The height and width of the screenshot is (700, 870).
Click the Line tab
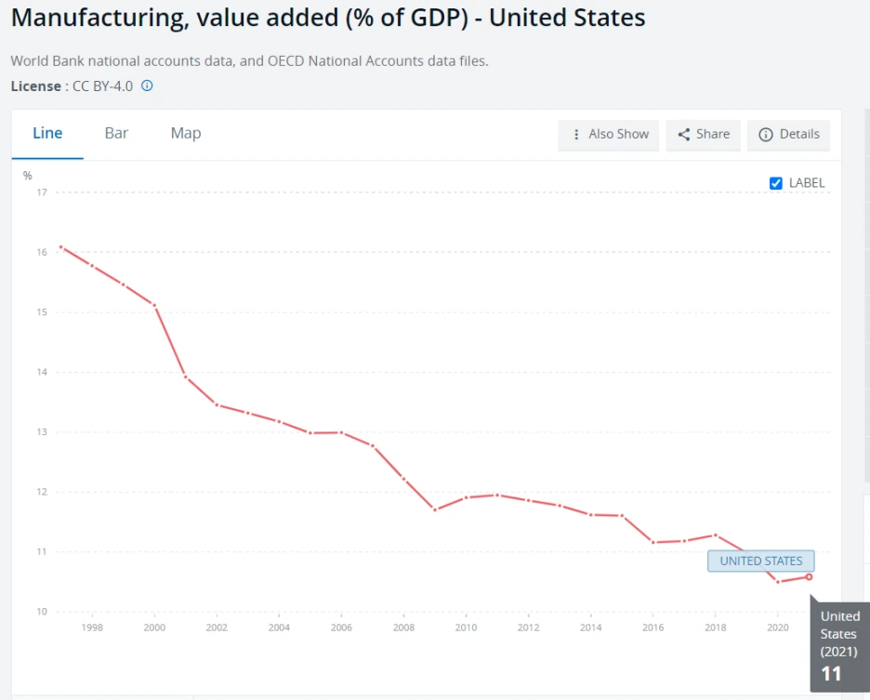[x=47, y=133]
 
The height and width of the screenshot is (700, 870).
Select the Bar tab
[x=116, y=133]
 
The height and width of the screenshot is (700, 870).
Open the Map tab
[x=186, y=133]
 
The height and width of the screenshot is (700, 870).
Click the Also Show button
[x=610, y=135]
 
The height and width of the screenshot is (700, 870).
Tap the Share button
[x=704, y=135]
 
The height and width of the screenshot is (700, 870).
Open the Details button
[x=789, y=135]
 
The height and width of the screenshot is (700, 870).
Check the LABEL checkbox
[x=776, y=183]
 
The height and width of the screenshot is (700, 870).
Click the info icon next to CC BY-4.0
[x=147, y=86]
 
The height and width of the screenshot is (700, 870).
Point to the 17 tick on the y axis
[x=42, y=192]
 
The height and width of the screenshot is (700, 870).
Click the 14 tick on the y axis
[x=42, y=372]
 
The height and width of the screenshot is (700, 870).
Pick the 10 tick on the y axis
[x=42, y=612]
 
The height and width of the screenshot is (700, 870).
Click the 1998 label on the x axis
[x=92, y=627]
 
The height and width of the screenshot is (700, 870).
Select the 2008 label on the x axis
[x=403, y=627]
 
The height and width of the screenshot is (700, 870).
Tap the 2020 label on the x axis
[x=777, y=627]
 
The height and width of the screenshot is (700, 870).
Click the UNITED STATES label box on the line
[x=760, y=561]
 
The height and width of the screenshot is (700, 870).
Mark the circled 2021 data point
[x=809, y=576]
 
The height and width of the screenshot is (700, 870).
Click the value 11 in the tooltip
[x=831, y=674]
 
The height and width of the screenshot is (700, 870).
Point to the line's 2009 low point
[x=435, y=509]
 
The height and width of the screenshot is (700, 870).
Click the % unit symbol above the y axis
[x=28, y=176]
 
